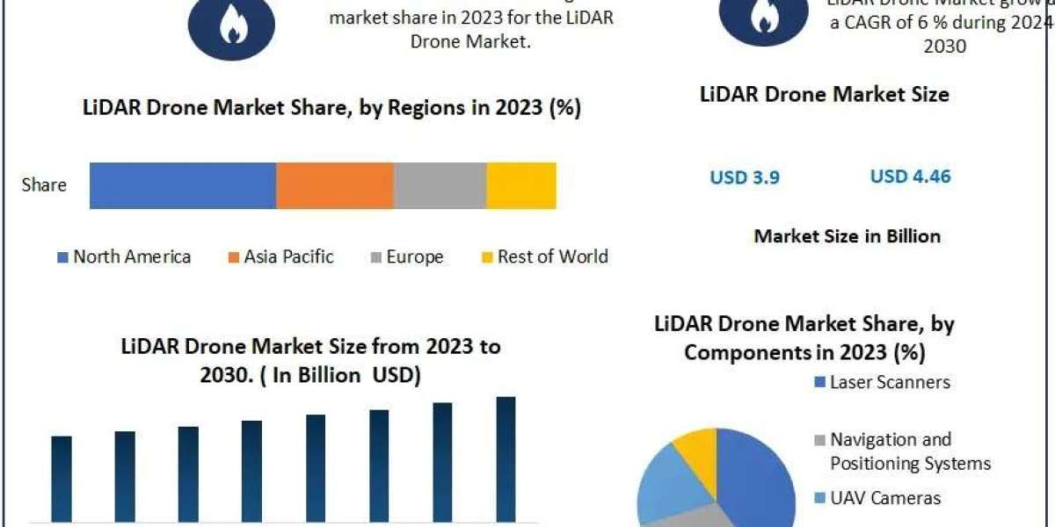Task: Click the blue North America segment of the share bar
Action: click(183, 185)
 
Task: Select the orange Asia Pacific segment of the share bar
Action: click(334, 185)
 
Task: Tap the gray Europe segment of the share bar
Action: click(440, 185)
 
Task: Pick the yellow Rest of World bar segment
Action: click(521, 185)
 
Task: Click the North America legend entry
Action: click(124, 256)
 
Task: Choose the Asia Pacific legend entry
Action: click(281, 256)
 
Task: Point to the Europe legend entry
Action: click(406, 256)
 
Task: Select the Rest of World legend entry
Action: click(544, 256)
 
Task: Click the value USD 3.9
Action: click(745, 177)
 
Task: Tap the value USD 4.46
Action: click(910, 177)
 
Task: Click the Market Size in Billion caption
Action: click(848, 236)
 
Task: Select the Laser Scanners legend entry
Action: click(881, 382)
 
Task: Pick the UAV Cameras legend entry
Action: click(877, 498)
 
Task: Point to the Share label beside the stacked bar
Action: click(44, 185)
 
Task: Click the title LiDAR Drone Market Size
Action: click(825, 94)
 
